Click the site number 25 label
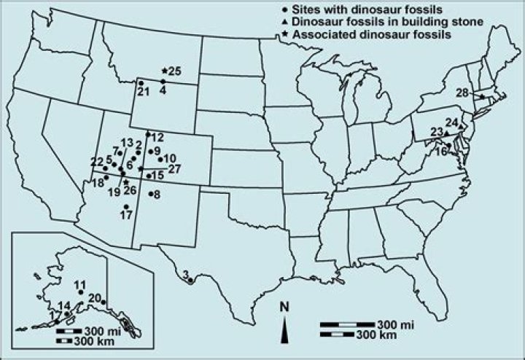pyautogui.click(x=174, y=71)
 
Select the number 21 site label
pyautogui.click(x=143, y=91)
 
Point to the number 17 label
pyautogui.click(x=125, y=216)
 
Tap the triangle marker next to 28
pyautogui.click(x=481, y=95)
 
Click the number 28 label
pyautogui.click(x=463, y=92)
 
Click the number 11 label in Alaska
pyautogui.click(x=80, y=284)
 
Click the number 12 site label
pyautogui.click(x=158, y=137)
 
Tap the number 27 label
pyautogui.click(x=174, y=169)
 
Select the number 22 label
pyautogui.click(x=96, y=161)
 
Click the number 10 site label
pyautogui.click(x=169, y=159)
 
